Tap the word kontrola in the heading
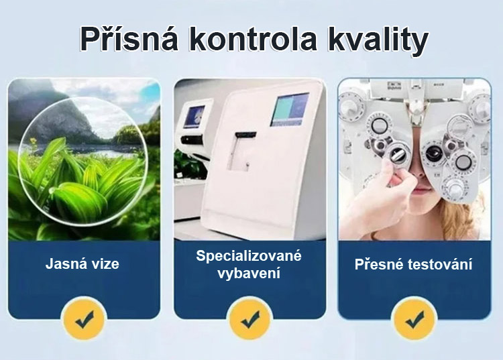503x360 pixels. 252,39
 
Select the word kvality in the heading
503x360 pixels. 378,40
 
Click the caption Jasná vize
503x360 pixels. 82,264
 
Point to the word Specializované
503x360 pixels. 249,256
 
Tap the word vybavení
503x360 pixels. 249,274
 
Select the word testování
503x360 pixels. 440,265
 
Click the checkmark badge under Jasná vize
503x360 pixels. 84,318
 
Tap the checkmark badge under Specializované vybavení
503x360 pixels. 250,318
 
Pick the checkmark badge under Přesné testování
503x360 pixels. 414,318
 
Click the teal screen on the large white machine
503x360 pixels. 289,109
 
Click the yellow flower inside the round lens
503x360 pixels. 32,141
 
